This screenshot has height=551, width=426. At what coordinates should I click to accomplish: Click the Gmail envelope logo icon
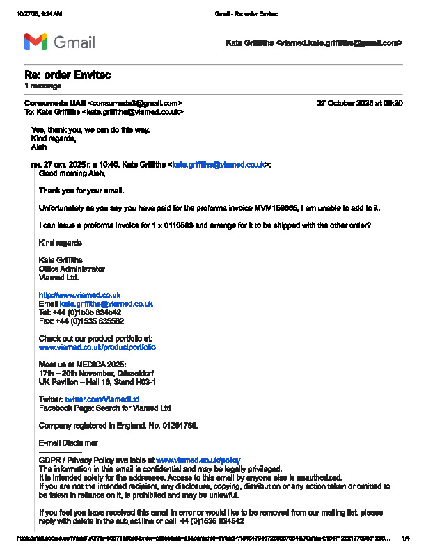click(36, 42)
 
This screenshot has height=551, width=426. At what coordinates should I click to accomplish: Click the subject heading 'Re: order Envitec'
click(68, 75)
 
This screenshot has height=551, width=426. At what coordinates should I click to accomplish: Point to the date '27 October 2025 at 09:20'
click(359, 103)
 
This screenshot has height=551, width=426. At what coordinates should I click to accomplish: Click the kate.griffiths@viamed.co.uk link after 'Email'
click(106, 304)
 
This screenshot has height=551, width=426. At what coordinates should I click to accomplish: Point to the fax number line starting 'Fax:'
click(81, 321)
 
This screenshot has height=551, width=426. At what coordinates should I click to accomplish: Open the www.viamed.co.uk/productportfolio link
click(97, 346)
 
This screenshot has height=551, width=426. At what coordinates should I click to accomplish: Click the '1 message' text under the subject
click(42, 86)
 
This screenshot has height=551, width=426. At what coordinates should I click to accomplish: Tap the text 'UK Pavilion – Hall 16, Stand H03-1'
click(97, 382)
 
